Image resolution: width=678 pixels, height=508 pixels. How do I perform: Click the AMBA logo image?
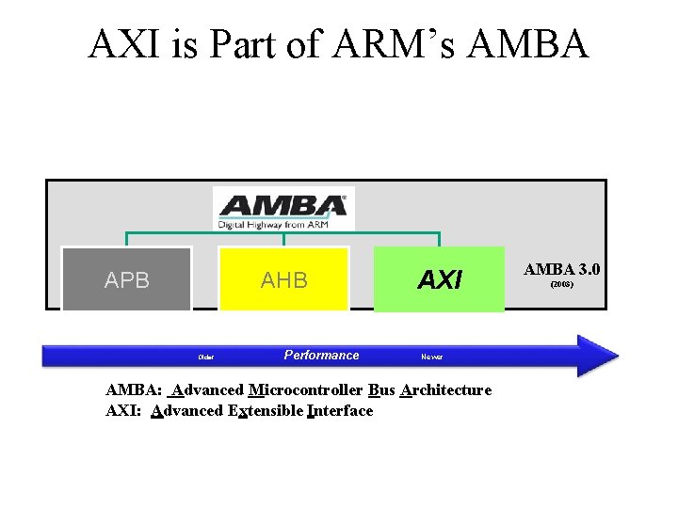click(282, 207)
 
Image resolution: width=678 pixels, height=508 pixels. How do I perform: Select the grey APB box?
click(127, 279)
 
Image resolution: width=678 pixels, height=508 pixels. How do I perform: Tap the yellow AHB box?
click(283, 279)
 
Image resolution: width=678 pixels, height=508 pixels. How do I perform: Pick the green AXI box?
click(440, 279)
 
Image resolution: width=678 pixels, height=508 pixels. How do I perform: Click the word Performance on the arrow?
click(321, 355)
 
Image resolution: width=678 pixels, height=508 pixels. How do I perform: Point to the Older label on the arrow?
click(205, 357)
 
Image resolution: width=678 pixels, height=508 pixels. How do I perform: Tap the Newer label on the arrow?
click(431, 357)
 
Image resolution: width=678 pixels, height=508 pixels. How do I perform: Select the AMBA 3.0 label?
click(562, 270)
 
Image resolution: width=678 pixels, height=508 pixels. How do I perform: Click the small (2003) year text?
click(562, 283)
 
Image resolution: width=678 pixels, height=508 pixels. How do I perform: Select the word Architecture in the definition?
click(445, 389)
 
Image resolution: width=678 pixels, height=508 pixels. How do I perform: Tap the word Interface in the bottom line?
click(339, 410)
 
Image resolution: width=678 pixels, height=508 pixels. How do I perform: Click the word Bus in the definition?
click(381, 389)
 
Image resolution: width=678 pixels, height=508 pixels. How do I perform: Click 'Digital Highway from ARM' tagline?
click(282, 224)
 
